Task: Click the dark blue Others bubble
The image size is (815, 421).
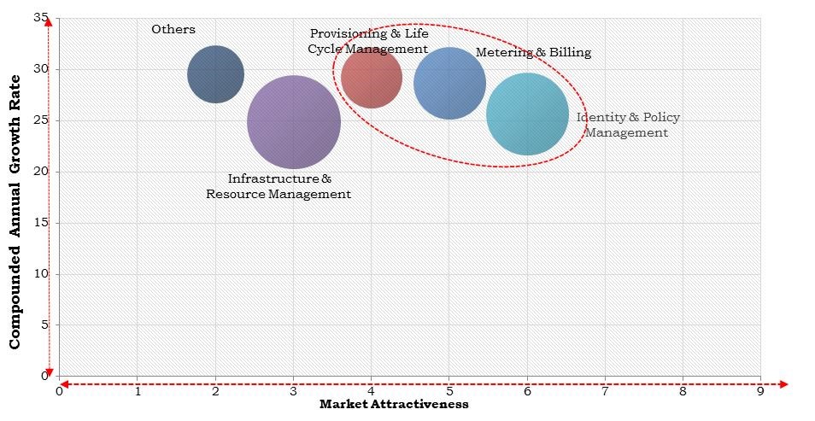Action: [215, 74]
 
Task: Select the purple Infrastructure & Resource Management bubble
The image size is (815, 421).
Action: [294, 122]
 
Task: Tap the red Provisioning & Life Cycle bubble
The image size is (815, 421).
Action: [372, 78]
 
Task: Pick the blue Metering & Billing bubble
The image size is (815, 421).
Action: [449, 83]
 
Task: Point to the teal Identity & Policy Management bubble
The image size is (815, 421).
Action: [527, 114]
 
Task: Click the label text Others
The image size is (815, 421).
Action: [173, 29]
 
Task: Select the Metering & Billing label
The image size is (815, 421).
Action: [533, 52]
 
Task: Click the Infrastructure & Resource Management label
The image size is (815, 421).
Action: [279, 186]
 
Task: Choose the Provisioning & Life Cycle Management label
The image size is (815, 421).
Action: [368, 41]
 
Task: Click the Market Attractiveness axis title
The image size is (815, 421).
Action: [394, 405]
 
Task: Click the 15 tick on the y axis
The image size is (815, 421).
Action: [42, 223]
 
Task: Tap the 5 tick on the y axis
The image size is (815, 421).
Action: [45, 325]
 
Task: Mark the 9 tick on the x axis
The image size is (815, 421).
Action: [760, 391]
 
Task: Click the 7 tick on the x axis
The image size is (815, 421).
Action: [605, 391]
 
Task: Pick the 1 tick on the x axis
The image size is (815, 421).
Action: [138, 391]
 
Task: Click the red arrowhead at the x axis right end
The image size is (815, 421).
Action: [784, 384]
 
